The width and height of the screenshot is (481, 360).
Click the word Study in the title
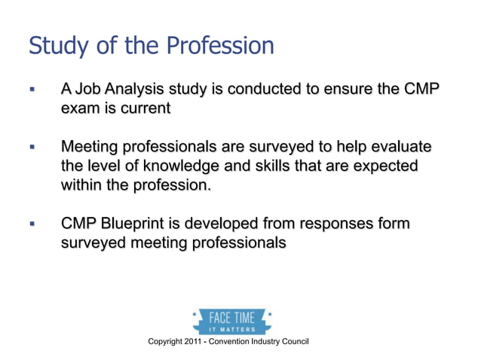[x=54, y=46]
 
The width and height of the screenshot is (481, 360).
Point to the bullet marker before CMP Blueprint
[x=32, y=224]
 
